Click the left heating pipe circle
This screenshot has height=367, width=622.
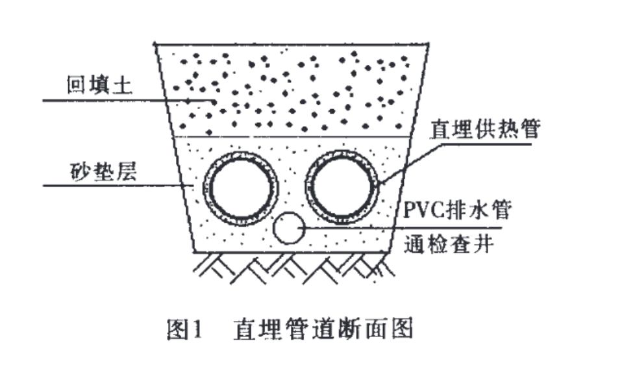[x=239, y=184]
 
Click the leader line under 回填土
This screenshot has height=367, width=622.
[x=110, y=100]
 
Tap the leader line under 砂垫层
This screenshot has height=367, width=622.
[x=110, y=186]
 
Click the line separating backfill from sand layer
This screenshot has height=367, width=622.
[x=292, y=136]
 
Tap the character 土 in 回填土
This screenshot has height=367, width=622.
[x=127, y=85]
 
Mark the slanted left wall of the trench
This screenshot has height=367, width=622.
[x=176, y=149]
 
